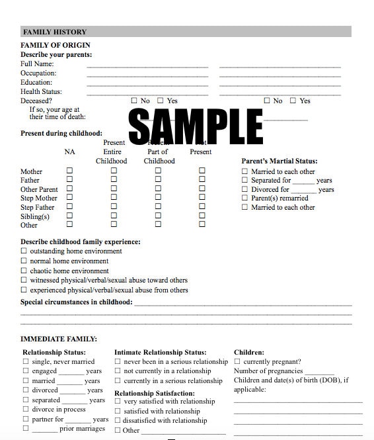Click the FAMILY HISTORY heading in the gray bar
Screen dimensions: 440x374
click(55, 32)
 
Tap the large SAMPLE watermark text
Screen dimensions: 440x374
click(196, 125)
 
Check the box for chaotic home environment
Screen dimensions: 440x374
click(24, 271)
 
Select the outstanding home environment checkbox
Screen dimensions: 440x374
click(24, 251)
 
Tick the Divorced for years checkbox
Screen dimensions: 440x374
click(244, 189)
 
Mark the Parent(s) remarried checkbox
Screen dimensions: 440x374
click(244, 198)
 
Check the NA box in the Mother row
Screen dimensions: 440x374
click(69, 171)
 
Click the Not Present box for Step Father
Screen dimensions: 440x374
click(202, 207)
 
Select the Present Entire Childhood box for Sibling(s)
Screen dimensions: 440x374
click(114, 216)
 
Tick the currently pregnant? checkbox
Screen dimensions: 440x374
click(238, 362)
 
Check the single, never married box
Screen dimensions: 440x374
click(26, 362)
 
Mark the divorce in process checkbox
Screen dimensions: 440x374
click(26, 410)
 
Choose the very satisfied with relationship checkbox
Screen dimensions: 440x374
click(118, 402)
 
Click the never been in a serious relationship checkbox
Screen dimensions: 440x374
click(118, 362)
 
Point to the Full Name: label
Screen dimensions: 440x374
click(37, 64)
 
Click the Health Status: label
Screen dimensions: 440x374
click(41, 92)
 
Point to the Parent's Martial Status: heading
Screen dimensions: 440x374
click(280, 161)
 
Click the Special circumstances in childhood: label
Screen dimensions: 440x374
click(77, 302)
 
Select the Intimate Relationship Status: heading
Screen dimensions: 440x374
click(160, 353)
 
